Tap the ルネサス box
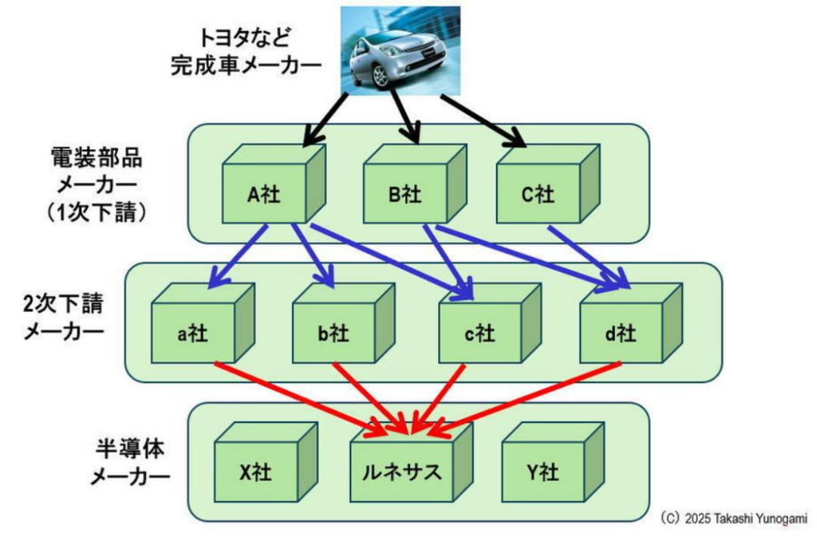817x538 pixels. coord(402,473)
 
